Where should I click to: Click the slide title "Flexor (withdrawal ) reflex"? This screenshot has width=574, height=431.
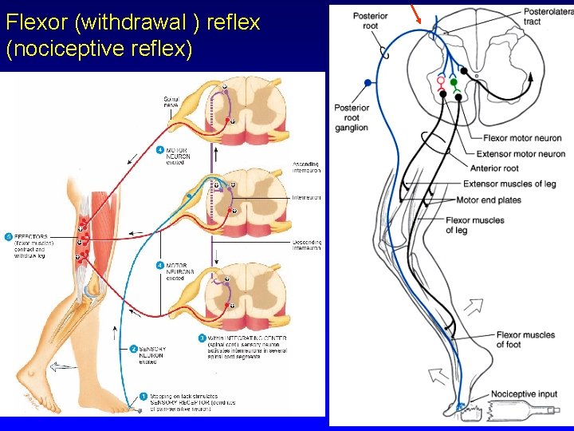tap(132, 22)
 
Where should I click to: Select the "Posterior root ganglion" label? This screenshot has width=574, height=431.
tap(352, 117)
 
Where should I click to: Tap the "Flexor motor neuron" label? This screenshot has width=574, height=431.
tap(522, 139)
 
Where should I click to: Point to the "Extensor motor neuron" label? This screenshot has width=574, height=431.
tap(520, 153)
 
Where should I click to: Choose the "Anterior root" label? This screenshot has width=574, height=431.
tap(494, 168)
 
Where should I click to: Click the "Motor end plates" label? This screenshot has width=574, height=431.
tap(489, 200)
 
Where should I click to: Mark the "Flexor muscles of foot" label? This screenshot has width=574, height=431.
tap(525, 339)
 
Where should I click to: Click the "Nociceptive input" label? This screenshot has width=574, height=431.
tap(523, 394)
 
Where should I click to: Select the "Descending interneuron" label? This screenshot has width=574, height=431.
tap(306, 244)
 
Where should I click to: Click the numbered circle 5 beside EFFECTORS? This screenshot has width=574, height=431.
tap(8, 237)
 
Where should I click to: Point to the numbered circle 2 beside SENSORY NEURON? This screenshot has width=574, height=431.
tap(134, 349)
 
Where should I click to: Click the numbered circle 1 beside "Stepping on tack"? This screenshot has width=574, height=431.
tap(143, 395)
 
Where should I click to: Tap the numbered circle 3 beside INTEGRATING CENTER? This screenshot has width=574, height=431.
tap(202, 338)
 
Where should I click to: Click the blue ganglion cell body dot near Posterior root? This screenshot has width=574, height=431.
tap(367, 82)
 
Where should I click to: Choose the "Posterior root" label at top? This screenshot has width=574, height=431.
tap(370, 21)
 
